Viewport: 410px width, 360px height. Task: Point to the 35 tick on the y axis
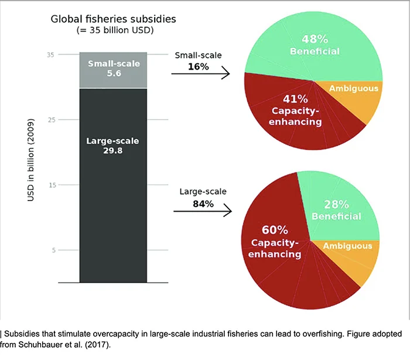50,55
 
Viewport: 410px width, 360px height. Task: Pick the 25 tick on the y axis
50,120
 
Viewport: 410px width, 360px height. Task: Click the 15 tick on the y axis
50,185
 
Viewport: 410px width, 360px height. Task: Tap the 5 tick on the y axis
52,250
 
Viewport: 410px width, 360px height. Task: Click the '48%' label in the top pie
314,40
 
